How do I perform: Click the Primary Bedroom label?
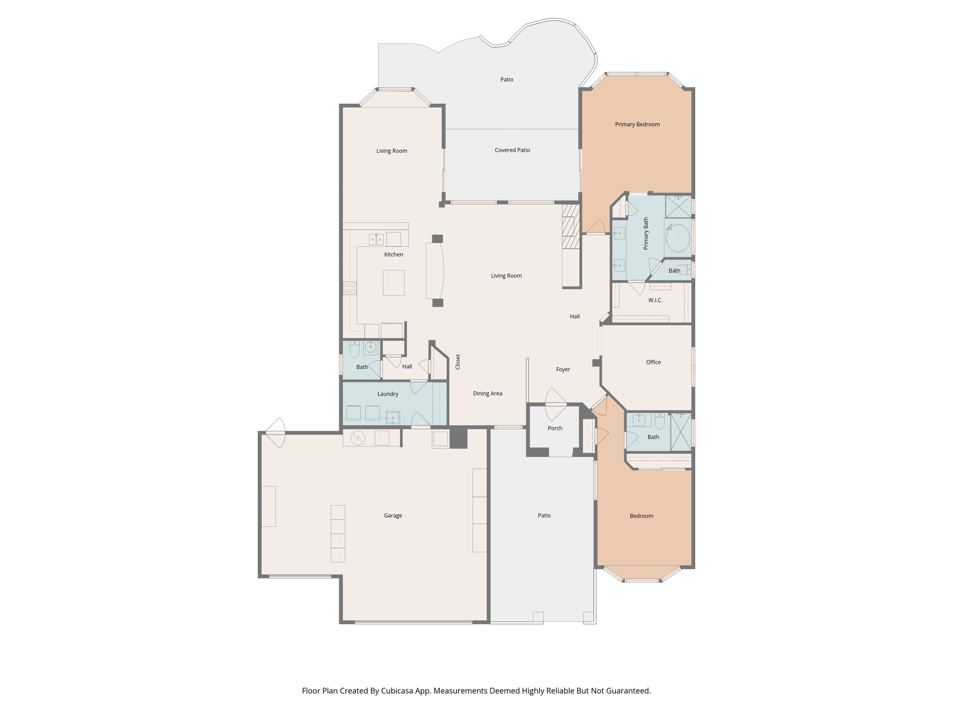(637, 124)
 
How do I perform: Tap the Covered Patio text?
(512, 150)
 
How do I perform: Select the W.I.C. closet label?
(655, 300)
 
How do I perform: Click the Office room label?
(653, 362)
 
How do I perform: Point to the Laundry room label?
(387, 394)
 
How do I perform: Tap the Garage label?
(393, 515)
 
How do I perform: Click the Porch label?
(555, 428)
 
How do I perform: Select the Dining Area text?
(487, 393)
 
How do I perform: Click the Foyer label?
(563, 370)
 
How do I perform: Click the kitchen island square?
(393, 283)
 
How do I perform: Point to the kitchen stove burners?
(349, 288)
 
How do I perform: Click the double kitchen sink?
(376, 239)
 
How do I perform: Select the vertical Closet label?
(458, 362)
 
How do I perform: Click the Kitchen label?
(393, 255)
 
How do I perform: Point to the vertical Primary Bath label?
(646, 234)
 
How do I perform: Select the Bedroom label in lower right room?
(641, 516)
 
